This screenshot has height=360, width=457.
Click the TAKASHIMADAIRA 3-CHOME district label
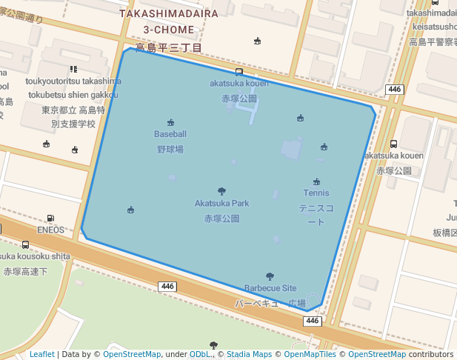click(169, 21)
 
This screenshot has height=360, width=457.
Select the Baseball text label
click(170, 134)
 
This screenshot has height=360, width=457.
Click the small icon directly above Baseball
click(171, 122)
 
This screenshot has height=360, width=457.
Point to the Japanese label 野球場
click(170, 149)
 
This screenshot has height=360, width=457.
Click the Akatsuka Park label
click(221, 203)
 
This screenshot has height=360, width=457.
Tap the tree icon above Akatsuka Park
click(221, 191)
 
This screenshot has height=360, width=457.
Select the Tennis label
click(316, 193)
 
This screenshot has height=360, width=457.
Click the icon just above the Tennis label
click(317, 181)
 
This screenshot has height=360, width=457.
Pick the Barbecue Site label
click(270, 288)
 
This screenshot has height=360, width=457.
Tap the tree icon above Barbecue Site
click(270, 276)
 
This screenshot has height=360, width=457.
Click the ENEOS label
click(50, 230)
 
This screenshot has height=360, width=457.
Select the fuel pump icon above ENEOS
click(50, 219)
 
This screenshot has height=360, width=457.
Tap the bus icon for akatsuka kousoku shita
click(26, 244)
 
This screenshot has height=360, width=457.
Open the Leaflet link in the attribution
click(41, 354)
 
